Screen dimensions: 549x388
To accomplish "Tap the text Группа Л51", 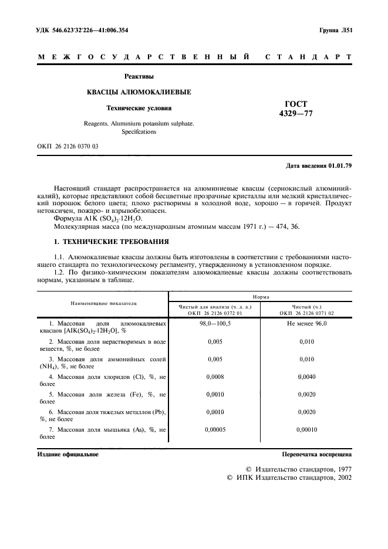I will [335, 29].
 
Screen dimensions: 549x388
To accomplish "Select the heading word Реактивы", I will [139, 76].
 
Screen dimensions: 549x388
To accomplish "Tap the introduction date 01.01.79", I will [340, 166].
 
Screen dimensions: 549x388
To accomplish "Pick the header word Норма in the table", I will [261, 297].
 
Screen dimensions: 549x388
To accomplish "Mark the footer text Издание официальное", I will [68, 454].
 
